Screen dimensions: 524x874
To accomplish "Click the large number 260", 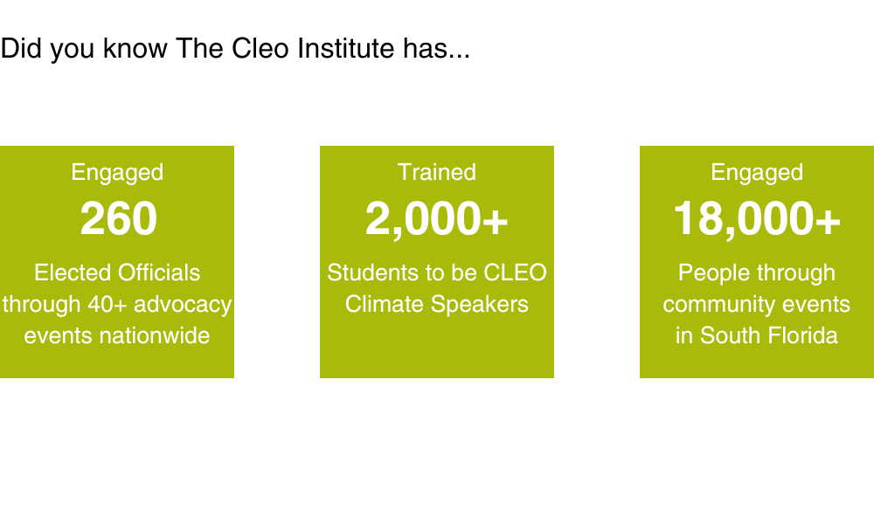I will point(118,219).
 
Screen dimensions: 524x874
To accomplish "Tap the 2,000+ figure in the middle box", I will point(436,219).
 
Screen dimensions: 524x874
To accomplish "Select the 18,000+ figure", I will point(757,219).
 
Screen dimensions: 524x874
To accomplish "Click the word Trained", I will point(437,172).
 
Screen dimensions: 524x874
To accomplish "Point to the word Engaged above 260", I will point(117,172).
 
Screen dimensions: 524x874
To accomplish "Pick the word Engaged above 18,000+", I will point(757,172).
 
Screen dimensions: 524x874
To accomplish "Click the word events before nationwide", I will point(52,335).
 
